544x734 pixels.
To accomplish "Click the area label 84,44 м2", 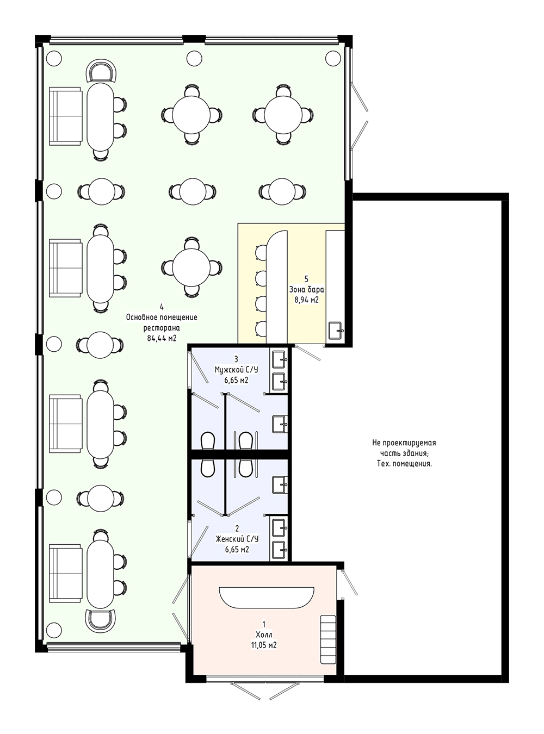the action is click(x=162, y=338).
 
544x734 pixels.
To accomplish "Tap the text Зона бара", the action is click(x=307, y=290).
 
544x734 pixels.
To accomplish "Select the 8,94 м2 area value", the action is click(x=307, y=300).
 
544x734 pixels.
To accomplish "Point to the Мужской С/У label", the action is click(x=237, y=369).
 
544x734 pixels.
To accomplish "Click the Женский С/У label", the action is click(x=237, y=539).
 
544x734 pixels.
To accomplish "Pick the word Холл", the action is click(x=264, y=635).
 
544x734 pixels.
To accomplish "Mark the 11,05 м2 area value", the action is click(x=264, y=645).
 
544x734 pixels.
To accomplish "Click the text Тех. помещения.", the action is click(x=404, y=464).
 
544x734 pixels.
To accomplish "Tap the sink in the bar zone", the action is click(x=336, y=331).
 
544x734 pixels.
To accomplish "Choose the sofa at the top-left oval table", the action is click(x=66, y=116).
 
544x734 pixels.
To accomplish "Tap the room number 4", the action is click(x=162, y=307).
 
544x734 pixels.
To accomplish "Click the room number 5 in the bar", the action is click(x=307, y=279).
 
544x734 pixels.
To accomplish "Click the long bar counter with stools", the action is click(x=277, y=287).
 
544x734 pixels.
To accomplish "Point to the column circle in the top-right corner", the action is click(x=333, y=59).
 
